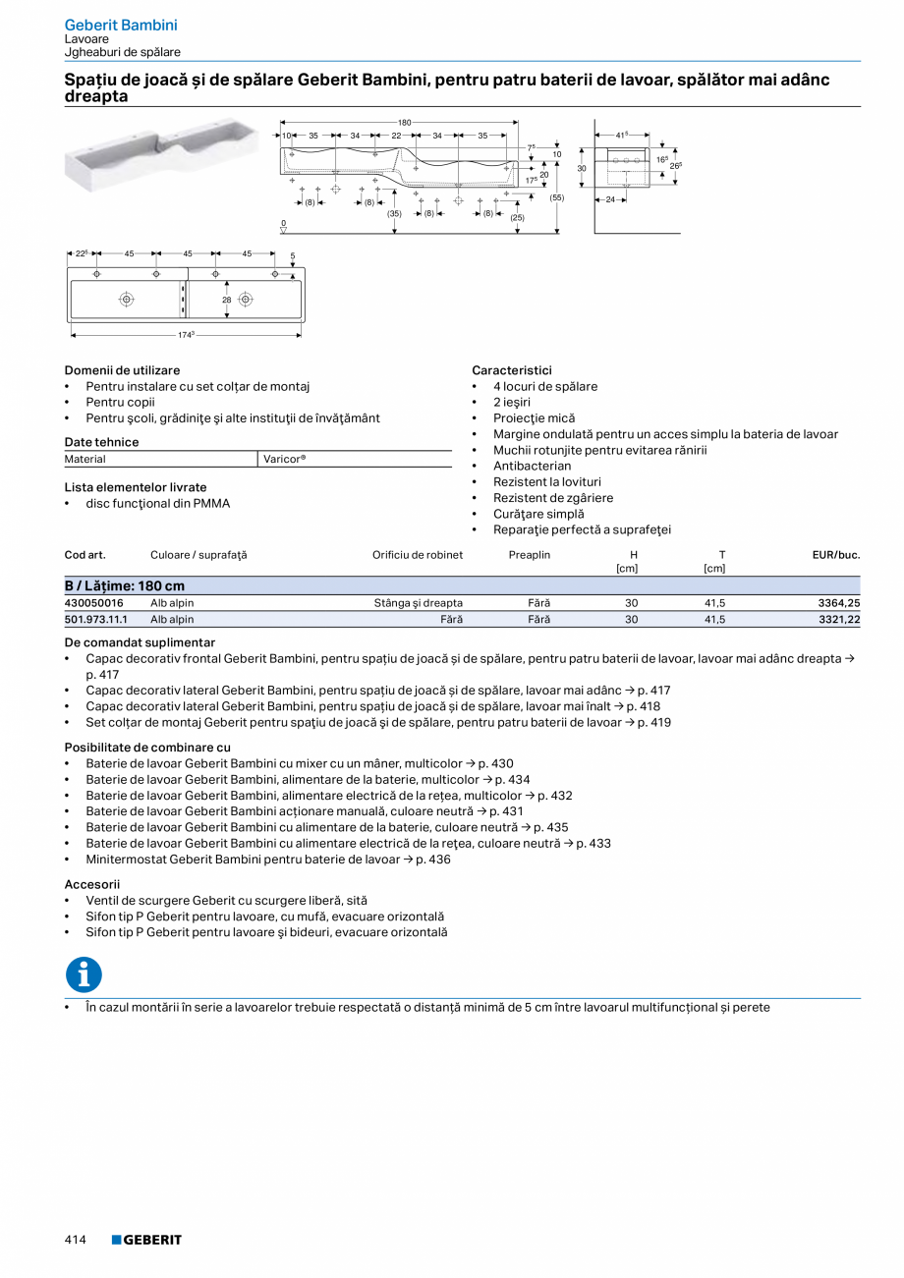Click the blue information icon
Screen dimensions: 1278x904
[85, 974]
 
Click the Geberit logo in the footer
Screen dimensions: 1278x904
[146, 1241]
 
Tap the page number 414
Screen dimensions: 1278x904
[76, 1241]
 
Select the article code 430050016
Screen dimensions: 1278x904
[94, 603]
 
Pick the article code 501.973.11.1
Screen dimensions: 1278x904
[96, 620]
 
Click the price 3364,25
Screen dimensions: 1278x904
[839, 603]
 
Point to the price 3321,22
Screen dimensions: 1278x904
[839, 620]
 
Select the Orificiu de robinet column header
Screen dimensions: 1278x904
[418, 555]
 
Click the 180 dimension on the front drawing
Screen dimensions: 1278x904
[405, 122]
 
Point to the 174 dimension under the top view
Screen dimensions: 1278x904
[186, 336]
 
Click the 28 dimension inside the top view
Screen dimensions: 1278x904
[226, 299]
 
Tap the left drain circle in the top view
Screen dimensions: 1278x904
[127, 299]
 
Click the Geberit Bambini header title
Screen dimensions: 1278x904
[121, 25]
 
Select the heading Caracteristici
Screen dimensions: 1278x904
[512, 370]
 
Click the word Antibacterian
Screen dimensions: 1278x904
[532, 466]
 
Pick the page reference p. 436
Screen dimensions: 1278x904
[433, 860]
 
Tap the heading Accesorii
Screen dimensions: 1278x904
[92, 884]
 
